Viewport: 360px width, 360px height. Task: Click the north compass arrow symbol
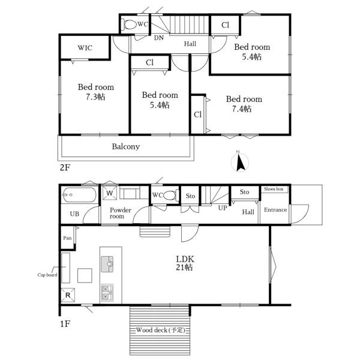pyautogui.click(x=240, y=163)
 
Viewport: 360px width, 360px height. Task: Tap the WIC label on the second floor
pyautogui.click(x=85, y=48)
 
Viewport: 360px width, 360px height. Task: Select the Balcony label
pyautogui.click(x=126, y=146)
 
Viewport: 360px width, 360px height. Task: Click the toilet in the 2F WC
pyautogui.click(x=130, y=25)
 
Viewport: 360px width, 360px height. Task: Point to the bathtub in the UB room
pyautogui.click(x=79, y=195)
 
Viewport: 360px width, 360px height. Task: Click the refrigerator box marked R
pyautogui.click(x=68, y=295)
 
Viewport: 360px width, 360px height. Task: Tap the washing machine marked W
pyautogui.click(x=110, y=193)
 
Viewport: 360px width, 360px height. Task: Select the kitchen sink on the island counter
pyautogui.click(x=107, y=264)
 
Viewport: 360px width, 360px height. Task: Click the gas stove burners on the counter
pyautogui.click(x=107, y=293)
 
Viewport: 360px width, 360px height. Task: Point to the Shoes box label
pyautogui.click(x=274, y=189)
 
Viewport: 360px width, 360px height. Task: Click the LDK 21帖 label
pyautogui.click(x=185, y=263)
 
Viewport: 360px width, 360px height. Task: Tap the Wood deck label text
pyautogui.click(x=160, y=330)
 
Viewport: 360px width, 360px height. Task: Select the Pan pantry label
pyautogui.click(x=67, y=238)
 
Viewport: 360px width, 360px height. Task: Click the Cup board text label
pyautogui.click(x=47, y=275)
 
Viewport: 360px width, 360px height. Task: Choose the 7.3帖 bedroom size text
pyautogui.click(x=95, y=97)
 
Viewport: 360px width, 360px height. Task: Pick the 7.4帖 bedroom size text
pyautogui.click(x=242, y=109)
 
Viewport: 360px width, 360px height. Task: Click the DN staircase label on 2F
pyautogui.click(x=158, y=38)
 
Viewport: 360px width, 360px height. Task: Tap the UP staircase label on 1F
pyautogui.click(x=223, y=208)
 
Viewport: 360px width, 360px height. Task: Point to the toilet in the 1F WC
pyautogui.click(x=170, y=196)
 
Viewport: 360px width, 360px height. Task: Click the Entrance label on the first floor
pyautogui.click(x=275, y=209)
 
